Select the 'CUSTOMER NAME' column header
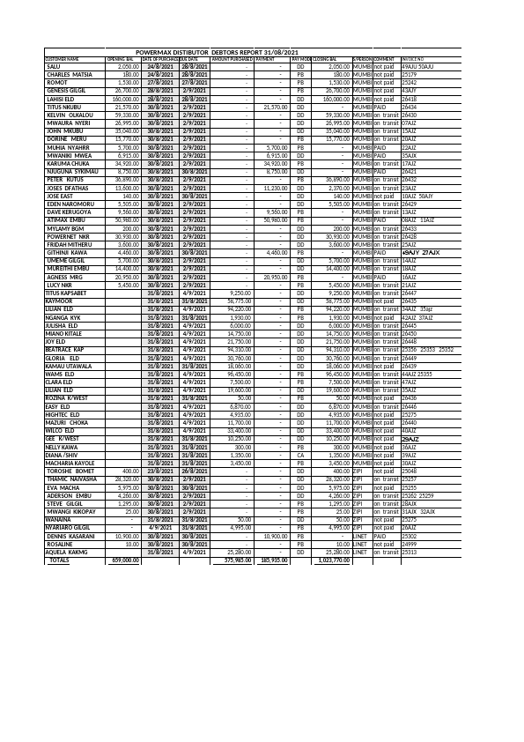click(62, 59)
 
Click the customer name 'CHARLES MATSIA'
click(70, 75)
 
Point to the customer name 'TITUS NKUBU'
click(64, 107)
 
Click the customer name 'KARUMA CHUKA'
click(68, 163)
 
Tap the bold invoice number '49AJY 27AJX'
click(420, 252)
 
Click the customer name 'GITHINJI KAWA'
click(69, 252)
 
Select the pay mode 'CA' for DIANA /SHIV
click(300, 455)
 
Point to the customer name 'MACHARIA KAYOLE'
click(70, 463)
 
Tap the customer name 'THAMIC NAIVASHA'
click(72, 479)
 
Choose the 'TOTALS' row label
click(59, 560)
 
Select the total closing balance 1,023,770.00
click(335, 560)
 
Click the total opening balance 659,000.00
click(124, 560)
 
